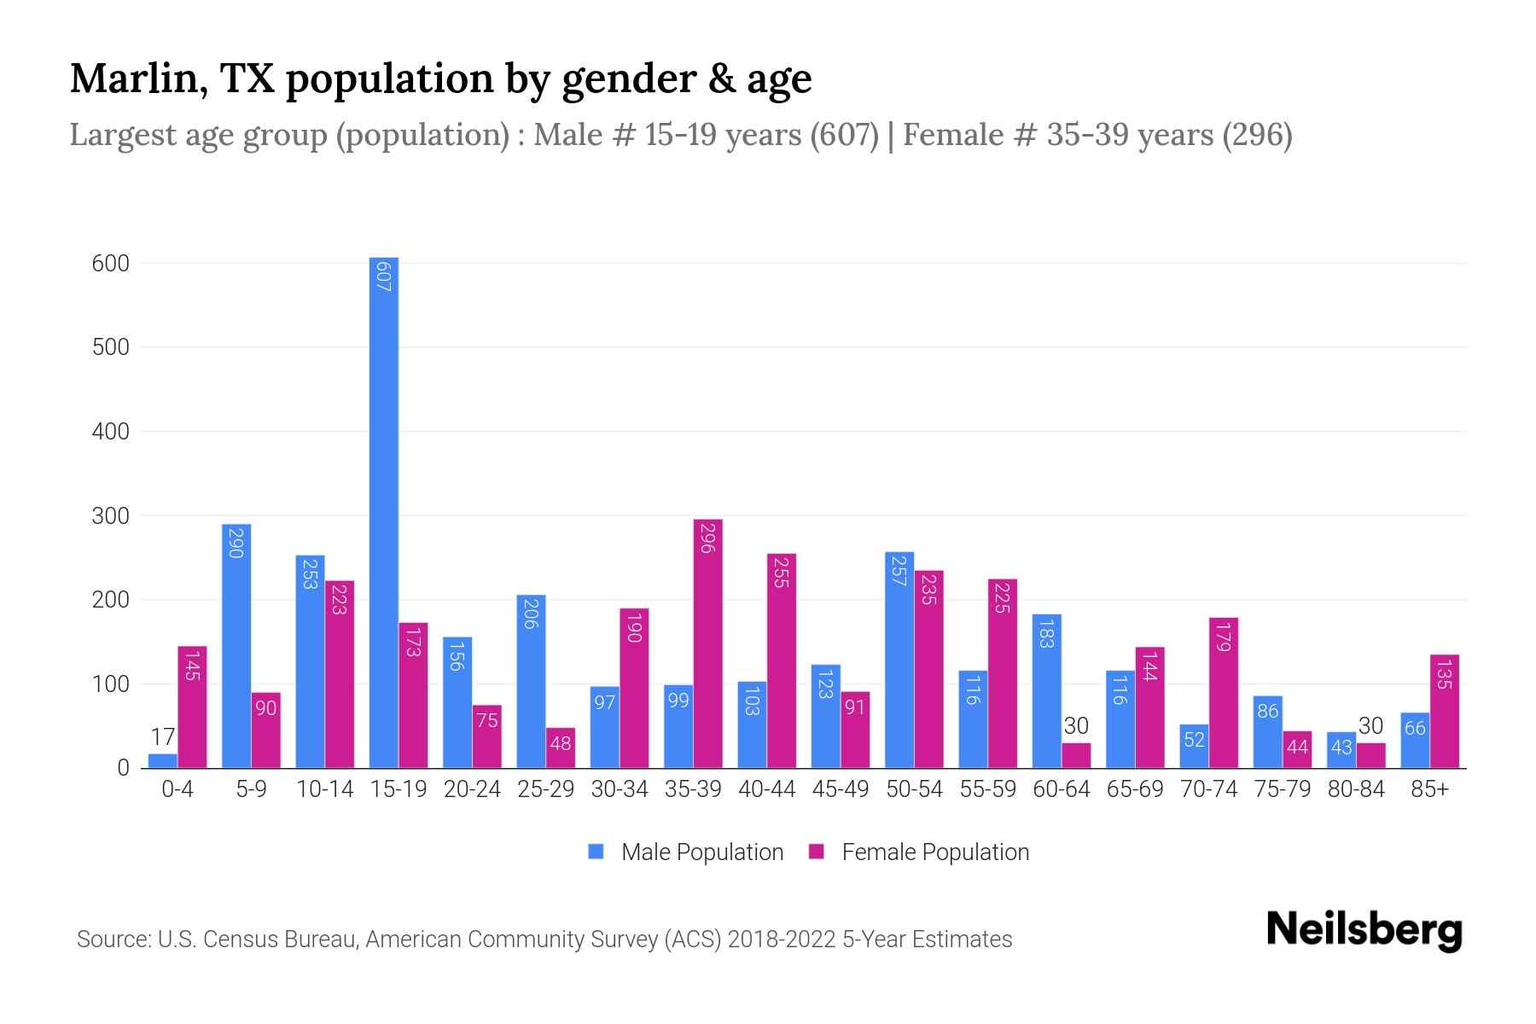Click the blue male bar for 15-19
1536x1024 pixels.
pyautogui.click(x=383, y=512)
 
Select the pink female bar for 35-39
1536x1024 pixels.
pyautogui.click(x=707, y=644)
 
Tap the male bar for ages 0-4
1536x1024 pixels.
pyautogui.click(x=162, y=760)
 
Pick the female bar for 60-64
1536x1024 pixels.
pyautogui.click(x=1076, y=755)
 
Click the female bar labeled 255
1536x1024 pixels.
pyautogui.click(x=782, y=661)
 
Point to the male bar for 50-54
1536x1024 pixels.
pyautogui.click(x=899, y=660)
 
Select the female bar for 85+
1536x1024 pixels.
pyautogui.click(x=1445, y=711)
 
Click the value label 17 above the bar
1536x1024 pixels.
pyautogui.click(x=162, y=736)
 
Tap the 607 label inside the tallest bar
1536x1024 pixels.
pyautogui.click(x=383, y=276)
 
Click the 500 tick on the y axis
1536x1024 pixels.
pyautogui.click(x=110, y=347)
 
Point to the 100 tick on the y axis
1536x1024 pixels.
pyautogui.click(x=110, y=684)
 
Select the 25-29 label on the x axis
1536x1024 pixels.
pyautogui.click(x=545, y=789)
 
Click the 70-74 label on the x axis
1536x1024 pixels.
pyautogui.click(x=1208, y=789)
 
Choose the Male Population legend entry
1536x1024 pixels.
pyautogui.click(x=701, y=852)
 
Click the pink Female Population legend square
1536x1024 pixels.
pyautogui.click(x=817, y=852)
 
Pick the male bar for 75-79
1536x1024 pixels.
pyautogui.click(x=1267, y=731)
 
